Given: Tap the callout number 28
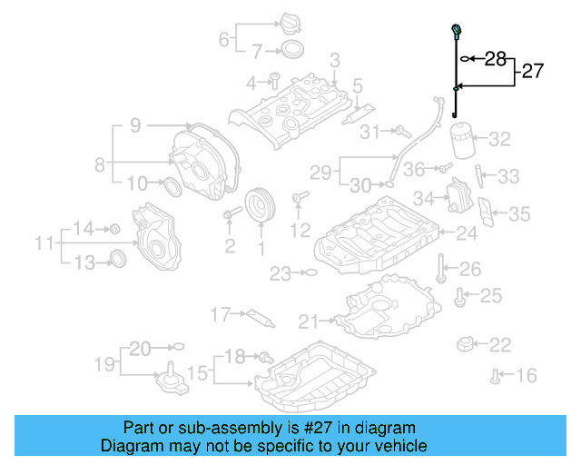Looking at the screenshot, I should tap(495, 59).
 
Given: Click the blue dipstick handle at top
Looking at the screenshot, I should tap(453, 34).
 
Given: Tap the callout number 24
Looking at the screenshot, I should tap(466, 234).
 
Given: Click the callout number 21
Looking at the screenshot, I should tap(310, 321).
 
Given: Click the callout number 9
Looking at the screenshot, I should tap(134, 126).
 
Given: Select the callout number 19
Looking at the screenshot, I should tap(107, 364).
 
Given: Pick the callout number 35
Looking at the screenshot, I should tap(518, 214).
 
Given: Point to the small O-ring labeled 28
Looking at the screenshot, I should tap(466, 59).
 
